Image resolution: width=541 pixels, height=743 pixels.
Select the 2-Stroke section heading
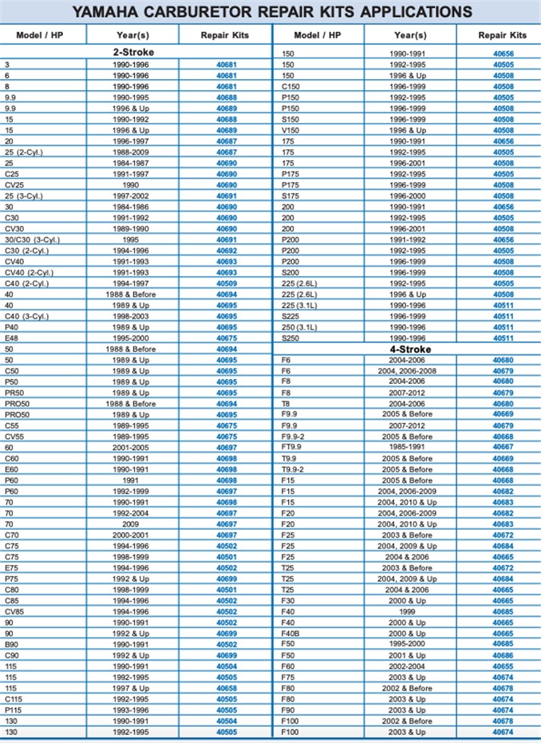point(133,53)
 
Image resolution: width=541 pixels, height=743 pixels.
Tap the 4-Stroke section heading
point(410,350)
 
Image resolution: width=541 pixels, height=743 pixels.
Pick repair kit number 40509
point(227,283)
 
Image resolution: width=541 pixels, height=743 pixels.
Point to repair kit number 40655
point(503,666)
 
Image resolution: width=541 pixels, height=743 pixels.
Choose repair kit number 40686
point(503,654)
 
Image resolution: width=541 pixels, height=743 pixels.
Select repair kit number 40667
point(503,448)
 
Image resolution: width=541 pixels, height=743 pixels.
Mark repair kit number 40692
point(227,251)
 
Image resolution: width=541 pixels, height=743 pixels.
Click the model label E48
point(11,338)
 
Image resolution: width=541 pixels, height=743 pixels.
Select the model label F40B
point(290,633)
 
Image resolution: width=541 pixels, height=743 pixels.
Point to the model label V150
point(290,130)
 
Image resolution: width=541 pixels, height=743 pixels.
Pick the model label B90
point(11,644)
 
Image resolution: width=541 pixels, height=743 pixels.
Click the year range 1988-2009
point(132,152)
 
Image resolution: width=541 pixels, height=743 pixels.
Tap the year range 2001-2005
point(132,448)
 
